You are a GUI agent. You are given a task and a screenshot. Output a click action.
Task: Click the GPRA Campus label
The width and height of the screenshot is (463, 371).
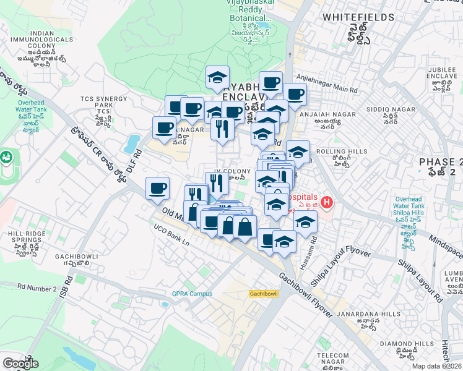pos(192,294)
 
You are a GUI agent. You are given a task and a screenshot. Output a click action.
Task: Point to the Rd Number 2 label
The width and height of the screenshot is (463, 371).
pos(37,288)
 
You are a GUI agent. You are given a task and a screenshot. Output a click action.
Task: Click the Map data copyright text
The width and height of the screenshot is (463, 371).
pos(437,366)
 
